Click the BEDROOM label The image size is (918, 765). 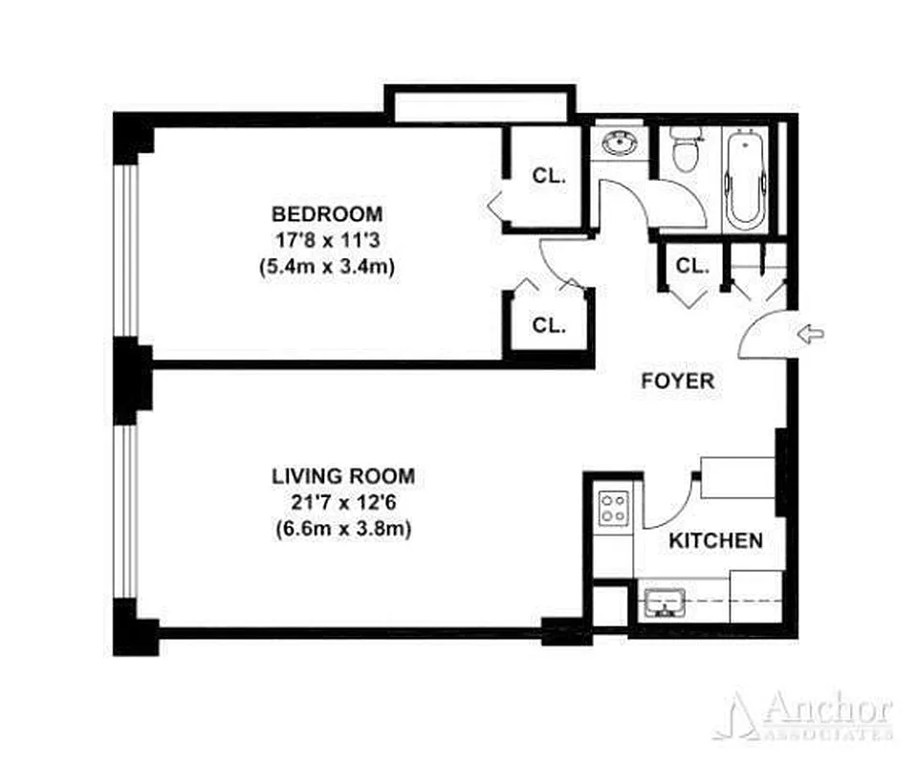pyautogui.click(x=327, y=213)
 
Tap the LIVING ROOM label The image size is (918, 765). pyautogui.click(x=343, y=475)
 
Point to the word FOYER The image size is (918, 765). pyautogui.click(x=677, y=381)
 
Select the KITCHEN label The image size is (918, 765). pyautogui.click(x=715, y=541)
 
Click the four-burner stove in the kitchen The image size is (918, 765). pyautogui.click(x=613, y=508)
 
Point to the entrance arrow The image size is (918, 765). pyautogui.click(x=810, y=333)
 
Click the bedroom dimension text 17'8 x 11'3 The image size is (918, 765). pyautogui.click(x=327, y=241)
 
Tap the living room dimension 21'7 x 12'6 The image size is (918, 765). pyautogui.click(x=343, y=502)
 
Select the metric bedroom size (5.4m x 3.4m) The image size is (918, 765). pyautogui.click(x=327, y=268)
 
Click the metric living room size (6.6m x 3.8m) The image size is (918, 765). pyautogui.click(x=343, y=529)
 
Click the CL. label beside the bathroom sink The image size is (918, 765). pyautogui.click(x=549, y=176)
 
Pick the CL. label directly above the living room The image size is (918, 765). pyautogui.click(x=549, y=325)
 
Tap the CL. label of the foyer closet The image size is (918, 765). pyautogui.click(x=692, y=266)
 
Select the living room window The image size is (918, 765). pyautogui.click(x=124, y=512)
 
